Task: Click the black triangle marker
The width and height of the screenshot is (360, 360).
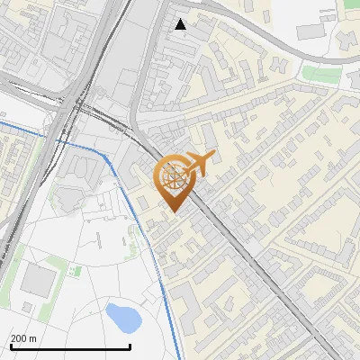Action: coord(181,24)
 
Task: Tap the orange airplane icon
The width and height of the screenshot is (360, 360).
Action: coord(201,164)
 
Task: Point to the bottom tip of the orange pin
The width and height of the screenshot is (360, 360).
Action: coord(174,211)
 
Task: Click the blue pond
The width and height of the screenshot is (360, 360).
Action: coord(122,316)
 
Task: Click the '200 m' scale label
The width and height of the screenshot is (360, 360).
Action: coord(24,337)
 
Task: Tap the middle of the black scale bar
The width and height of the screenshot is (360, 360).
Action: coord(70,346)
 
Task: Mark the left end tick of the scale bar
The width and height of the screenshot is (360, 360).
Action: coord(11,346)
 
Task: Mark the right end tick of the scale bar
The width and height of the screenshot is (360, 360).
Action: coord(130,346)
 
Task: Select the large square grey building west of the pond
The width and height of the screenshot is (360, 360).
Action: coord(37,280)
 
